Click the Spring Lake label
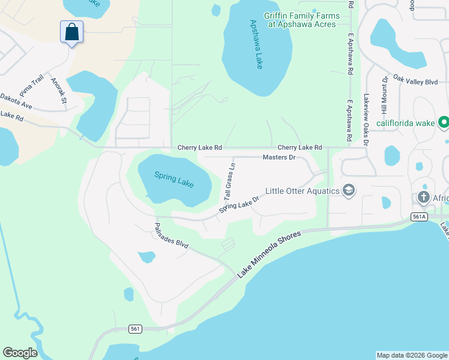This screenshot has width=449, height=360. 174,179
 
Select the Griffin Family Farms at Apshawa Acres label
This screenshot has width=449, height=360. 300,20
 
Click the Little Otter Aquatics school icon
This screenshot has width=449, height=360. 348,191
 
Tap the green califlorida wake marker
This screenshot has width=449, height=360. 444,123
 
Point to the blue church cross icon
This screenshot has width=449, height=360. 424,197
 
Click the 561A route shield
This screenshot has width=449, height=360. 420,217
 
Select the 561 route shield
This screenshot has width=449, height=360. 136,328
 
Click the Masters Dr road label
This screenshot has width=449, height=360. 279,157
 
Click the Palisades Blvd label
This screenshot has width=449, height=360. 171,236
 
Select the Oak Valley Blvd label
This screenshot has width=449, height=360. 415,82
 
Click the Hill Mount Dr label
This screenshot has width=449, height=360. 385,95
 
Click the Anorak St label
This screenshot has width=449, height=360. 59,91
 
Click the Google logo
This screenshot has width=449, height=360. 20,352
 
